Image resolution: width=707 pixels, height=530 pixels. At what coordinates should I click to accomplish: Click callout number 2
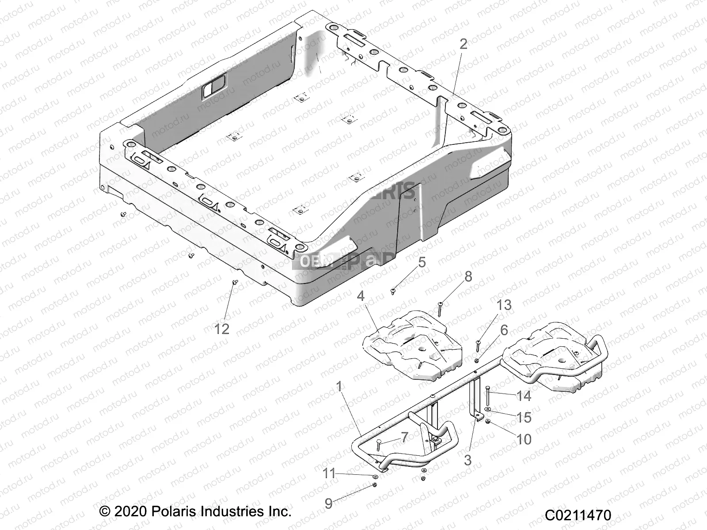click(x=463, y=44)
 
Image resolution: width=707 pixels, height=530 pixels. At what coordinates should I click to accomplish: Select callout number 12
click(x=222, y=329)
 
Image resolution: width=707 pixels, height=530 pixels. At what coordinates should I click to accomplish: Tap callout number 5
click(x=422, y=262)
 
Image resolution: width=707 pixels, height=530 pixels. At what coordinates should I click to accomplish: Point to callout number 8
click(x=468, y=277)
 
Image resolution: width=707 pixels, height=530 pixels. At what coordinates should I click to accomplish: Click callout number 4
click(x=361, y=296)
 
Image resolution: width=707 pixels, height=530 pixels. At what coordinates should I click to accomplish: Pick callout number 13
click(x=504, y=305)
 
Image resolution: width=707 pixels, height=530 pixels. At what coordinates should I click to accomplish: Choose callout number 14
click(x=524, y=396)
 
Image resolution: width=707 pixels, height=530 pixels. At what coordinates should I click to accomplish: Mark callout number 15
click(x=524, y=417)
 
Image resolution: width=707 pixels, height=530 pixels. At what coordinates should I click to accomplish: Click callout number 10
click(x=524, y=439)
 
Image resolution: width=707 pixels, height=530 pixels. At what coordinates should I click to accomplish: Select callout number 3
click(x=468, y=460)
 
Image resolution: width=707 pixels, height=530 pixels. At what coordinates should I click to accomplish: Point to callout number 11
click(x=329, y=474)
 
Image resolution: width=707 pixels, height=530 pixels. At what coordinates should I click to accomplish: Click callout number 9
click(x=328, y=504)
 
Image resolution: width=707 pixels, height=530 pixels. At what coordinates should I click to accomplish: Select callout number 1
click(x=339, y=387)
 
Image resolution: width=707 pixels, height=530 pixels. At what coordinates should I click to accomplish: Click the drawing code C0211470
click(x=578, y=515)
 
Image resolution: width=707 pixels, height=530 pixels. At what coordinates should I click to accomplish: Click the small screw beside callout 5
click(x=393, y=291)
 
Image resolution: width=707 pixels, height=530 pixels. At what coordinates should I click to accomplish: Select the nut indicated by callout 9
click(x=374, y=485)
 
